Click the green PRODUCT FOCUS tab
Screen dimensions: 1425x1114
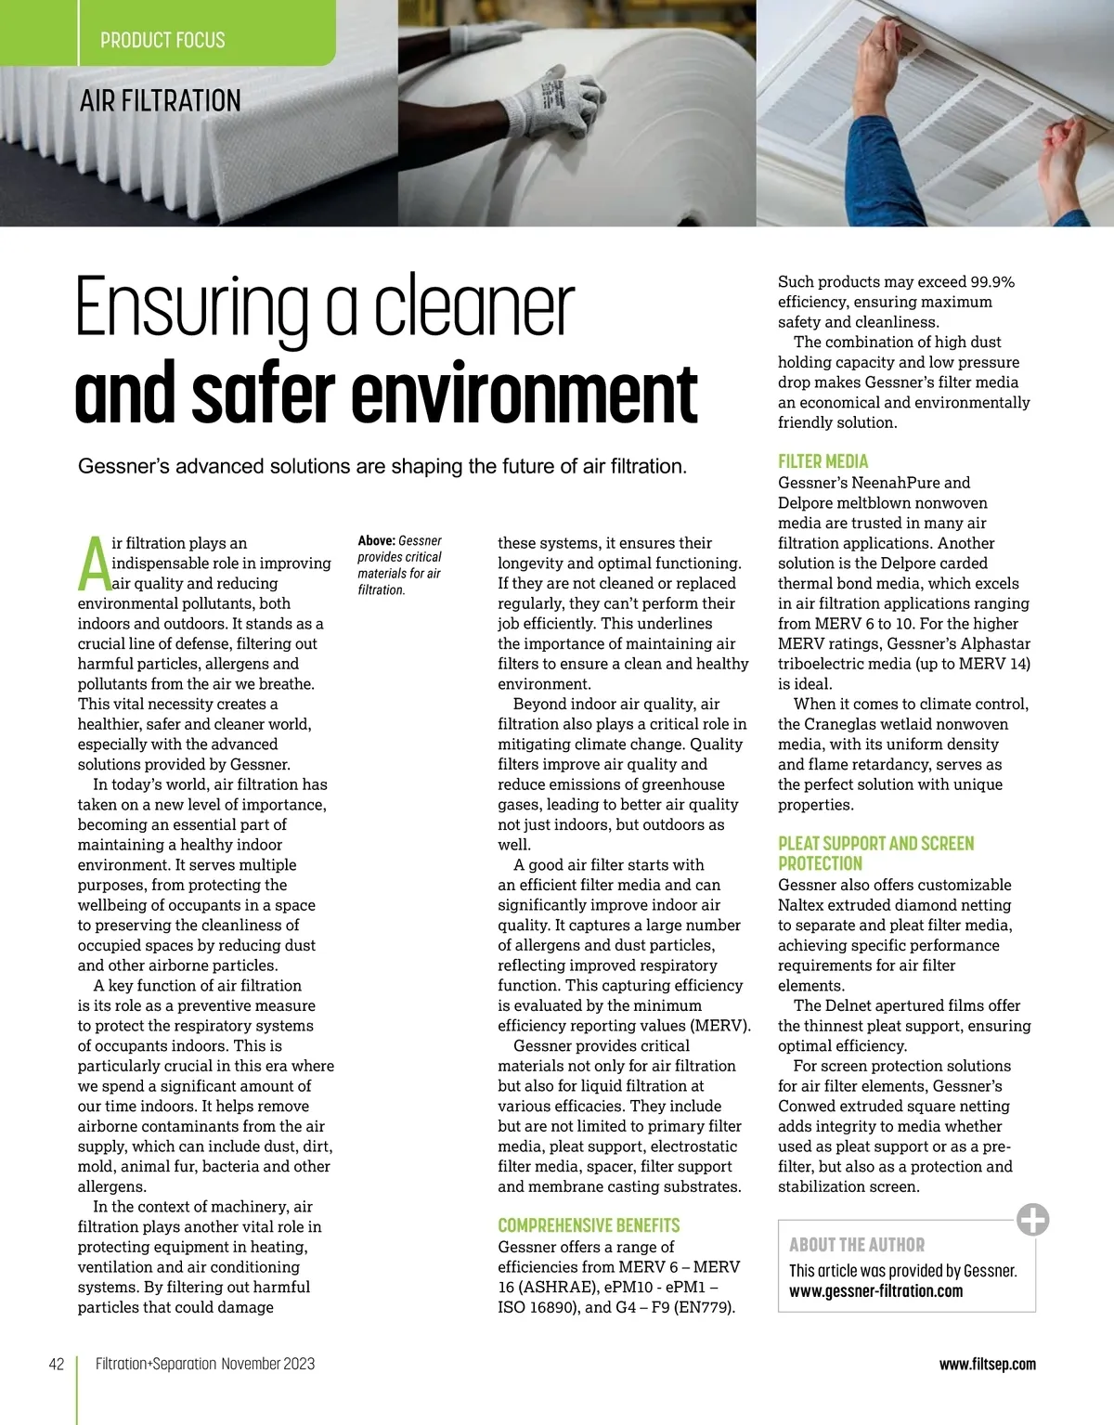point(163,40)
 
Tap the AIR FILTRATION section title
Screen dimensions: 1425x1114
point(161,100)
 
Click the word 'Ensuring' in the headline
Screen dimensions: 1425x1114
point(192,309)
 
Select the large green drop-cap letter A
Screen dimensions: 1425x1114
point(93,564)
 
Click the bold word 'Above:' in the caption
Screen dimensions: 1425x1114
point(376,540)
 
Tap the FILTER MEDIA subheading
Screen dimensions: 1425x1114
point(823,461)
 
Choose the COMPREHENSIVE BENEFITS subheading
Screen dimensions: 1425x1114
point(589,1225)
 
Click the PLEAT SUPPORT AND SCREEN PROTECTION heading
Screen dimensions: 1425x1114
point(875,853)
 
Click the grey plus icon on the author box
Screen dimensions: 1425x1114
point(1032,1219)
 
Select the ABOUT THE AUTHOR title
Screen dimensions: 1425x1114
point(857,1245)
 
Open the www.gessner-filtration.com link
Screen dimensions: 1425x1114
point(875,1291)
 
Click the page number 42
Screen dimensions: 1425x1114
point(57,1364)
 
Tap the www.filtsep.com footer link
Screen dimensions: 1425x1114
point(987,1364)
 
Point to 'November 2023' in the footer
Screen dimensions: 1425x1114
point(268,1364)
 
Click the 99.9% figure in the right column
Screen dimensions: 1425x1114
point(992,281)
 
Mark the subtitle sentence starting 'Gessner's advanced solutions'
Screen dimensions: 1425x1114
point(382,466)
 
